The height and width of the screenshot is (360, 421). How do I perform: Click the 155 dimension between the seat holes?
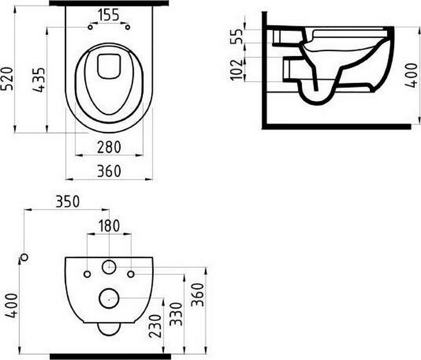[109, 15]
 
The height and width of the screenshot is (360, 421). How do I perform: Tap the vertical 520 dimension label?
[7, 79]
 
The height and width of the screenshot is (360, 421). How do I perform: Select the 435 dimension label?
[39, 80]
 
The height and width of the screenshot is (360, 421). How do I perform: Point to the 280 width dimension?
[109, 147]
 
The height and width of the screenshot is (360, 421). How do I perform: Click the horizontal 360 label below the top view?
[109, 171]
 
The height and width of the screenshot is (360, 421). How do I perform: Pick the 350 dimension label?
[67, 202]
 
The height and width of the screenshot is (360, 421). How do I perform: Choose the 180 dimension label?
[109, 226]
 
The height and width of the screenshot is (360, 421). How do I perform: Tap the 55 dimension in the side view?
[237, 36]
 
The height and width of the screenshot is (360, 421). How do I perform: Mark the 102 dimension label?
[237, 70]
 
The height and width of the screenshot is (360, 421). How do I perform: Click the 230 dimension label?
[155, 326]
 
